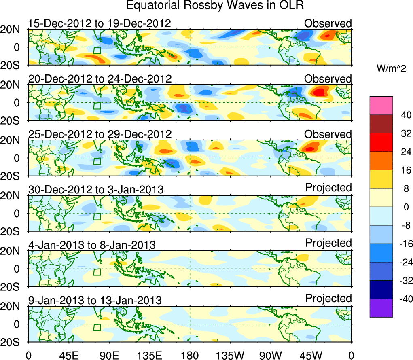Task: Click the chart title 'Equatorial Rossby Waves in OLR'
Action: point(215,6)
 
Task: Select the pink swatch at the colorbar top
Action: point(381,106)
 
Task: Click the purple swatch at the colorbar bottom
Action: point(381,308)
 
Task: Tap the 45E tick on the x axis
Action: point(68,355)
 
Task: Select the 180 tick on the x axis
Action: point(190,355)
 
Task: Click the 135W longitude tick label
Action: point(230,355)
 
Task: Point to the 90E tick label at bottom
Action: point(108,355)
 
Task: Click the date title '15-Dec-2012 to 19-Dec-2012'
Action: point(100,23)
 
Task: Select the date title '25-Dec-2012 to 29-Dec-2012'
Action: point(100,134)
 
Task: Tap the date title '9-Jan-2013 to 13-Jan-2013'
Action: point(95,301)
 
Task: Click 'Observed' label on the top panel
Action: point(328,23)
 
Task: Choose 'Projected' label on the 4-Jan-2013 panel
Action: point(328,243)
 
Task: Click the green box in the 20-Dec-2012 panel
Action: point(97,106)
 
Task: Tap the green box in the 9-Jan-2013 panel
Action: point(97,327)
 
